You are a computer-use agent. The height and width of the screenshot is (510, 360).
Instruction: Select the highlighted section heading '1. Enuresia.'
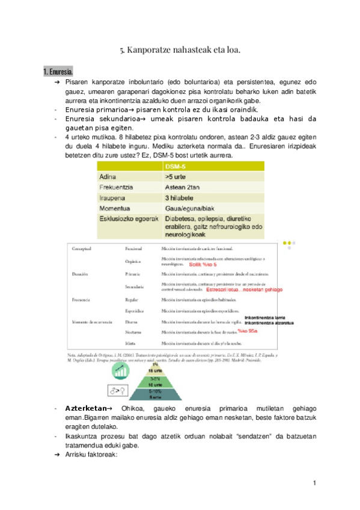click(58, 72)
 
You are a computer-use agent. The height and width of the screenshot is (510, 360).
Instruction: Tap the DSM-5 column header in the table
click(177, 167)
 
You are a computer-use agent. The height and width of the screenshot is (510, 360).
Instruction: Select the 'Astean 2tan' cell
click(183, 188)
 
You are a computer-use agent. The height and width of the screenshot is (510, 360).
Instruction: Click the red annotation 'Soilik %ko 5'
click(203, 264)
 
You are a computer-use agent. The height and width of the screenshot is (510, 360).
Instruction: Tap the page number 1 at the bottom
click(314, 483)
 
